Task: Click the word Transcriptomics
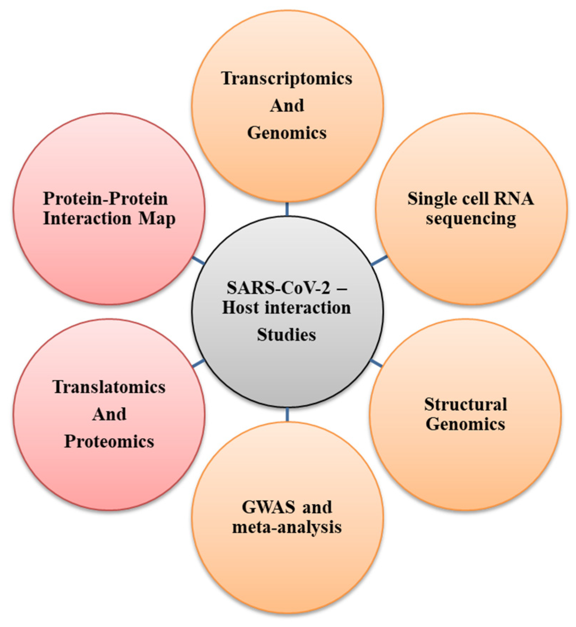point(287,79)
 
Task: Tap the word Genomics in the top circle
point(287,133)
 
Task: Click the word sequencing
point(471,219)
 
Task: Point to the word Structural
point(466,404)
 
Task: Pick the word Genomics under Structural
point(466,424)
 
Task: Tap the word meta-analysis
point(287,527)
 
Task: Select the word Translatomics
point(109,387)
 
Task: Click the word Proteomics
point(109,441)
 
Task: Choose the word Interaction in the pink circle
point(87,218)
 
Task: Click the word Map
point(157,218)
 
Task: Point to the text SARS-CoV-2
point(278,287)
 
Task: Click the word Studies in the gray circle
point(286,335)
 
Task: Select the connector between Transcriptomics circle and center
point(287,209)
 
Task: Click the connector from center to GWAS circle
point(287,414)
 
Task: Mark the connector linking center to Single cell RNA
point(379,260)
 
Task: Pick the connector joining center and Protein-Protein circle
point(198,260)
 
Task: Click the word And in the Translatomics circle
point(109,414)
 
